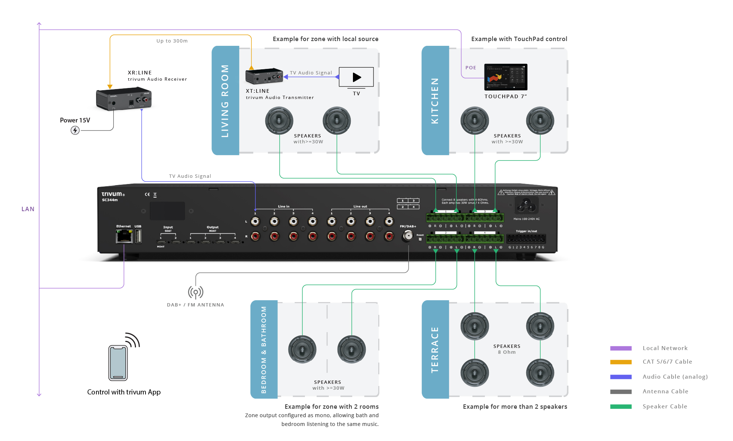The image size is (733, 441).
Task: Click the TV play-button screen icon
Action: (356, 77)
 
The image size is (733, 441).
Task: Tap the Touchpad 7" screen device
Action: (506, 77)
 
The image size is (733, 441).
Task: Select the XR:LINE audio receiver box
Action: (124, 98)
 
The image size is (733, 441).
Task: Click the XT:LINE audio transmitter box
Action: (264, 76)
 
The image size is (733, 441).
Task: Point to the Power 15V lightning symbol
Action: (75, 130)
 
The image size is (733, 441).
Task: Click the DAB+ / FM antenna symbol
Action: (196, 292)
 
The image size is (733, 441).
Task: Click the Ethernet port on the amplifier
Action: (124, 236)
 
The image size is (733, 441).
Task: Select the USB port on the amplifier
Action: (138, 236)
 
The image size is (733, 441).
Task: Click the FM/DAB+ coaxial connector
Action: (407, 235)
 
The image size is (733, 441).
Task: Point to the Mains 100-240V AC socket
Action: (526, 205)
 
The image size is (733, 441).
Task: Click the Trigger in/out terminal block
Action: (526, 239)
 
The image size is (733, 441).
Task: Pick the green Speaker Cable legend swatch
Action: (621, 407)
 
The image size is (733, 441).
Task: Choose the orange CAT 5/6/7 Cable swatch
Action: (621, 362)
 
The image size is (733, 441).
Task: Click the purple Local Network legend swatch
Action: (621, 348)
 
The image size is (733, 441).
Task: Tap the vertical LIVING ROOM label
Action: (225, 101)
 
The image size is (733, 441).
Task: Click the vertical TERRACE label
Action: (435, 350)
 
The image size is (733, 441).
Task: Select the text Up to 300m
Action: (172, 41)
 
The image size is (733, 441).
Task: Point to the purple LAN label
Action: (28, 209)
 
